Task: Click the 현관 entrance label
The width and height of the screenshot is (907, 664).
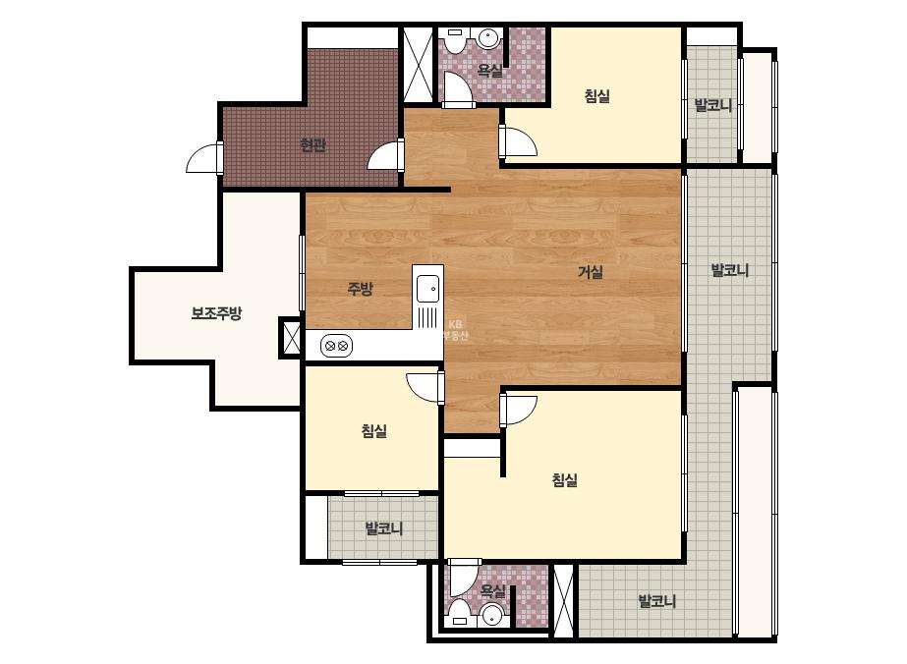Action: coord(312,144)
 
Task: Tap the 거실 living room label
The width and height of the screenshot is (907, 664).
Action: coord(591,271)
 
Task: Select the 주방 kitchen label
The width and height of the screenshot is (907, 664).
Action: coord(360,288)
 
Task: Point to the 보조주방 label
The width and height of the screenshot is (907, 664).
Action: coord(216,313)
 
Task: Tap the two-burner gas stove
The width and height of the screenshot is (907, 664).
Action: coord(336,346)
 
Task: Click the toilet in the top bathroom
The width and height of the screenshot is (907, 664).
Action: coord(455,40)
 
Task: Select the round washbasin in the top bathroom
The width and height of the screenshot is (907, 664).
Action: coord(488,38)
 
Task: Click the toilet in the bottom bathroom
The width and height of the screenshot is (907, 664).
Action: coord(460,613)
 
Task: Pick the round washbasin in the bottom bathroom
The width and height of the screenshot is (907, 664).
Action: coord(492,616)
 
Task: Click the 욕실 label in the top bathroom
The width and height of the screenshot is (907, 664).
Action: coord(490,71)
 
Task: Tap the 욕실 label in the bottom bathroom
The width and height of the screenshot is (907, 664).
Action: coord(493,591)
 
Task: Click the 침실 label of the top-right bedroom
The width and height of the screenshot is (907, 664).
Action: coord(596,95)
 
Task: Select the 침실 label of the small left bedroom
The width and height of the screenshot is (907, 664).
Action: coord(373,431)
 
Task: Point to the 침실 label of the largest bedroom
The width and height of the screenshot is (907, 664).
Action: coord(565,479)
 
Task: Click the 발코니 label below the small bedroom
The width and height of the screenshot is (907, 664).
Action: coord(384,528)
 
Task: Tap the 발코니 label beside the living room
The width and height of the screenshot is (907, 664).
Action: coord(729,270)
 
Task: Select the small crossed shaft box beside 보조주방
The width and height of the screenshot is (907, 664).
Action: coord(291,338)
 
